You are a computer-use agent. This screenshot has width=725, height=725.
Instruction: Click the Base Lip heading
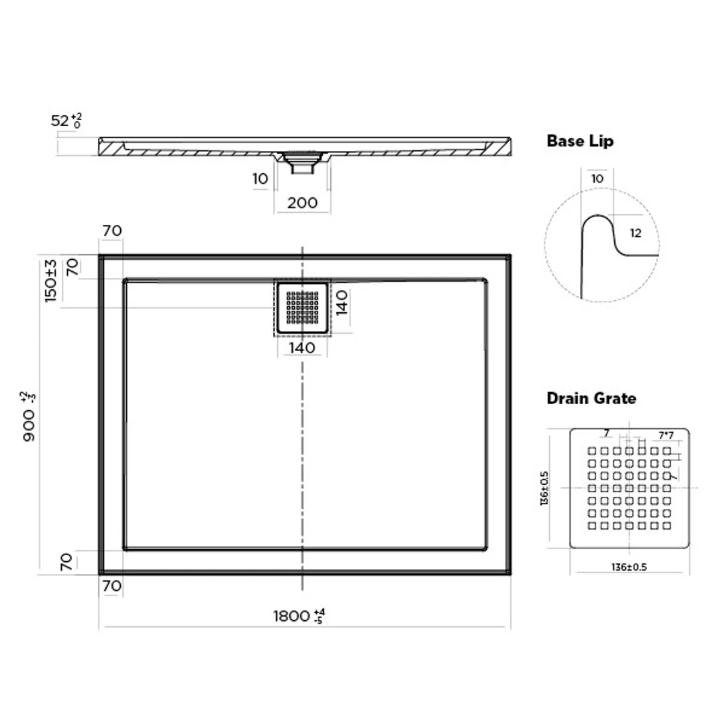coord(580,141)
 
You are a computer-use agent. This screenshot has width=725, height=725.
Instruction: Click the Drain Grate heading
coord(591,398)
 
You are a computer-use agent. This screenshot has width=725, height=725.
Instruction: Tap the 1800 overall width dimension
coord(299,616)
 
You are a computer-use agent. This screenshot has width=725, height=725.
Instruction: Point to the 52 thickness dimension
coord(66,120)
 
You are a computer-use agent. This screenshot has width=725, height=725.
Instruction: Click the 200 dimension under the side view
coord(302,203)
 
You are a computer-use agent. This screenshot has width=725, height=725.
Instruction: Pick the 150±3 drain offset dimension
coord(50,281)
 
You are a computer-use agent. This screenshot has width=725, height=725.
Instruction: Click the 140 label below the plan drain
coord(302,348)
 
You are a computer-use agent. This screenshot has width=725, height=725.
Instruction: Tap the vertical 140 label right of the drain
coord(342,303)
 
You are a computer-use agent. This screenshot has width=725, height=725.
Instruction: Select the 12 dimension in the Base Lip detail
coord(636,233)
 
